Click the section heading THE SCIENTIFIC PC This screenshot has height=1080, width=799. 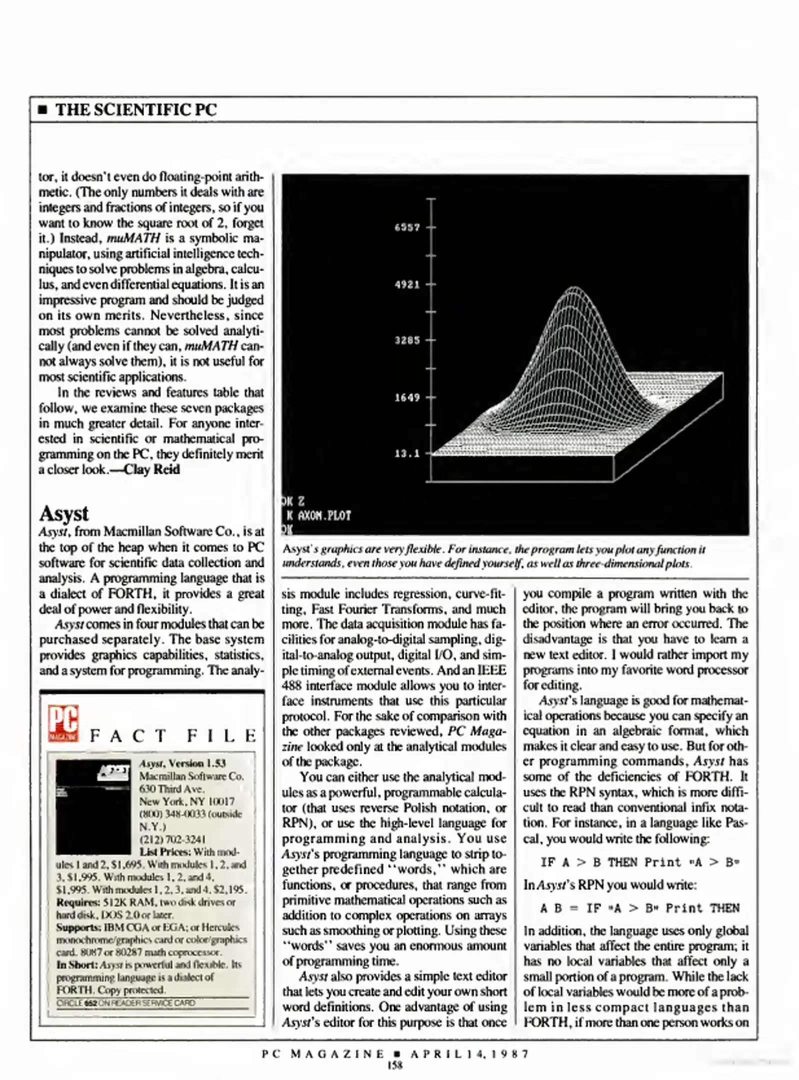[136, 110]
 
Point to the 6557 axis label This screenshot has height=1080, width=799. [407, 227]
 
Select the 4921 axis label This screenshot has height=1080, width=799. [407, 284]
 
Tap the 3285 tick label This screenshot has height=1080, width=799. [407, 340]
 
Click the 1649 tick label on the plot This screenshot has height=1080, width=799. [407, 397]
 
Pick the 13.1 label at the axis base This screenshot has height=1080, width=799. [407, 454]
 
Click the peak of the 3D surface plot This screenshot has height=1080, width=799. [573, 289]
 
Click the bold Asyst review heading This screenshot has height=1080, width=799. [64, 513]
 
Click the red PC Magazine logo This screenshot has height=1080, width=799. [63, 723]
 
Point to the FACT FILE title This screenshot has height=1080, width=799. [173, 736]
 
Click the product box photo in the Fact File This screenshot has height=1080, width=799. [93, 806]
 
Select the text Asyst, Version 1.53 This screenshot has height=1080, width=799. [182, 763]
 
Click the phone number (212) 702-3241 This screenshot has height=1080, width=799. [172, 839]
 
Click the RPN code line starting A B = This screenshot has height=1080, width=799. [639, 908]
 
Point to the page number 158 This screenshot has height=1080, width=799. [395, 1065]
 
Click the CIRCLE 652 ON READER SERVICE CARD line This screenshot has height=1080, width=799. [126, 1003]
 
